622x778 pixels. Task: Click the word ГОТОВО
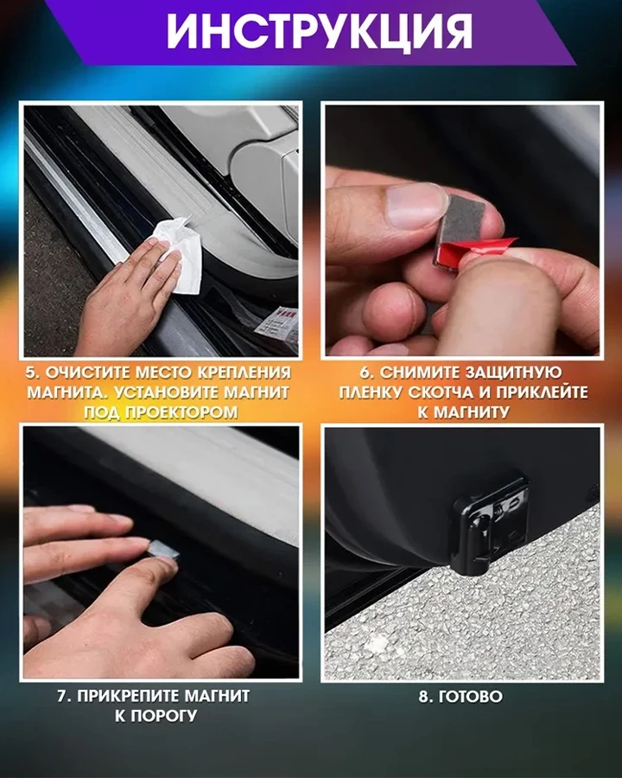(472, 696)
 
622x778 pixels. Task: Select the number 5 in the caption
(32, 373)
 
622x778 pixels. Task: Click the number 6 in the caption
(362, 373)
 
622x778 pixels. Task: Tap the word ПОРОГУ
(170, 716)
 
